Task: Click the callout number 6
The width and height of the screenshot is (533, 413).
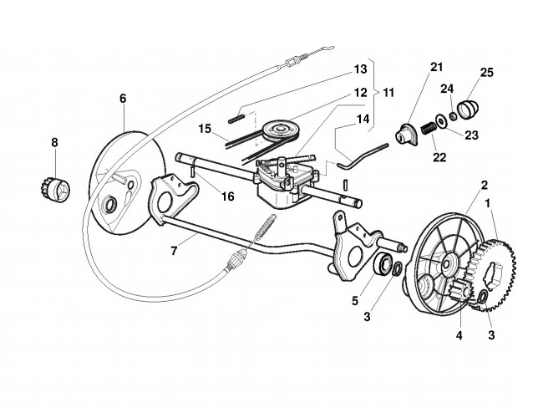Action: pyautogui.click(x=123, y=99)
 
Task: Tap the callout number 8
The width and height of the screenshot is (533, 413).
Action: pyautogui.click(x=55, y=143)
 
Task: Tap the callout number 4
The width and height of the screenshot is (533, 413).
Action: pyautogui.click(x=458, y=337)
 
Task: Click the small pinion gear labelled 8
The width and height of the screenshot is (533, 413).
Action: pyautogui.click(x=55, y=190)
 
